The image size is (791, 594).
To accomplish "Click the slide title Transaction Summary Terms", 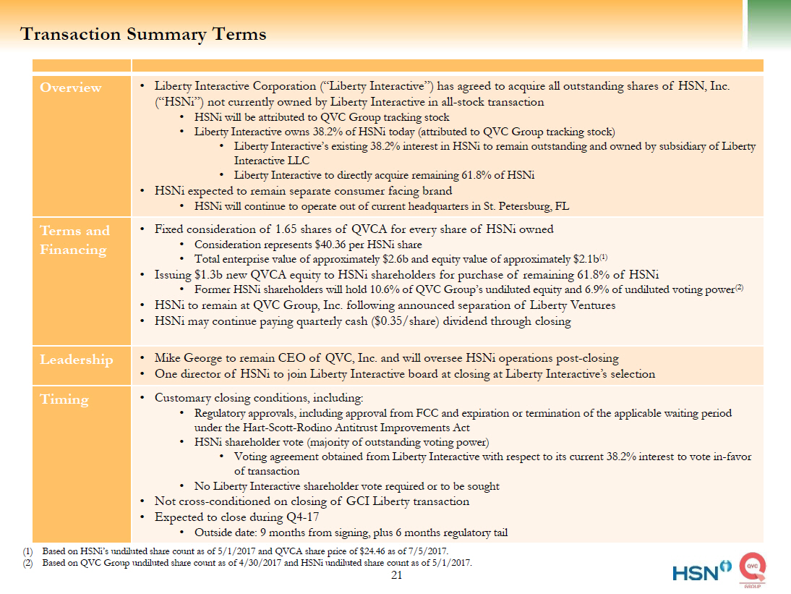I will [143, 34].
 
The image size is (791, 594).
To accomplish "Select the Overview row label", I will [71, 88].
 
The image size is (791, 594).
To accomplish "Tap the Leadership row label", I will [76, 360].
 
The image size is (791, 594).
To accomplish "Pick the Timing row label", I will [64, 399].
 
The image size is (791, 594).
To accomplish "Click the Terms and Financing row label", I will [74, 240].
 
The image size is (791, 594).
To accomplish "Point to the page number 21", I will [395, 575].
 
